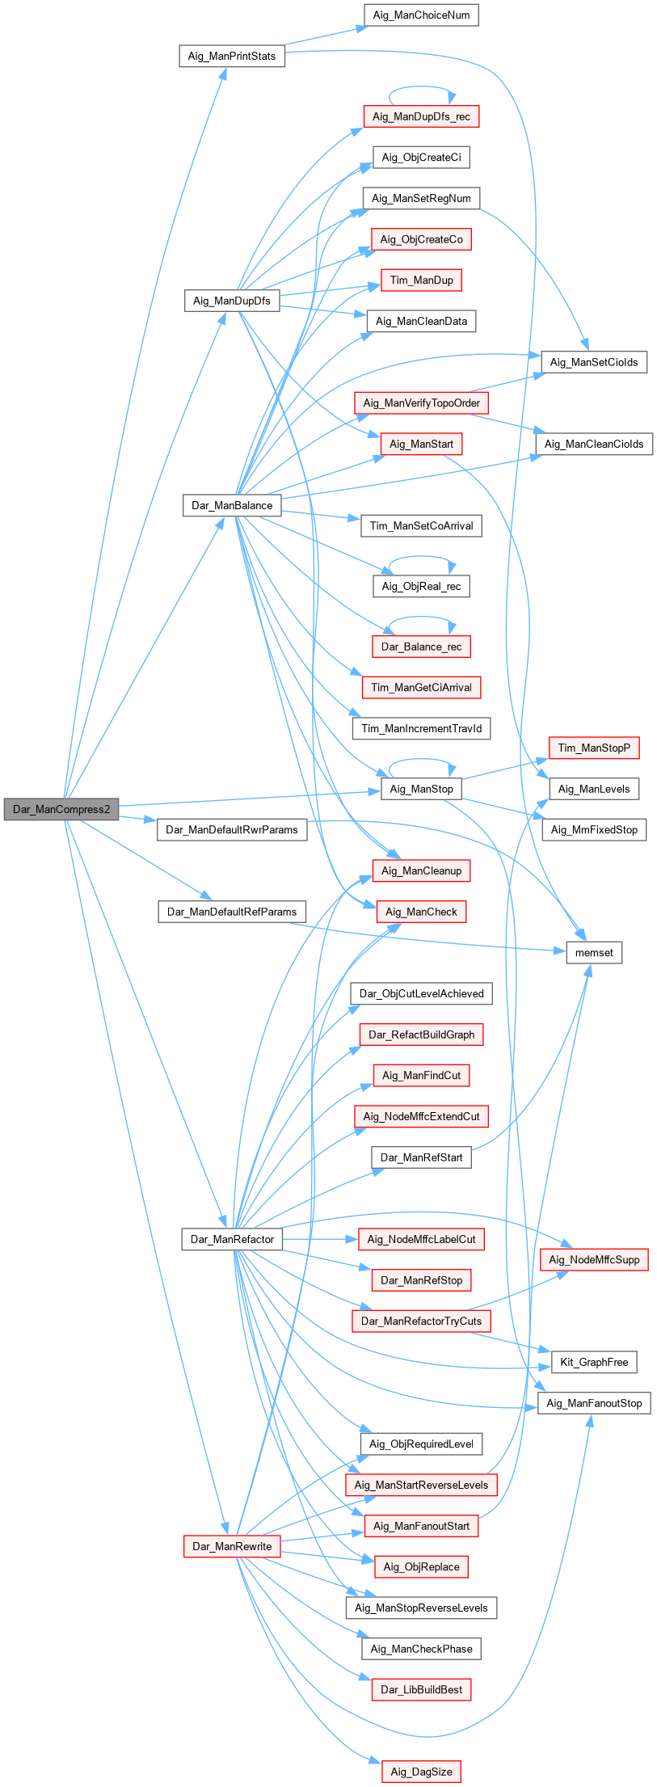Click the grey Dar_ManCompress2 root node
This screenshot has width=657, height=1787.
click(x=61, y=809)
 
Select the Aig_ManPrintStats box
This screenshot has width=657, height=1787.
click(x=231, y=56)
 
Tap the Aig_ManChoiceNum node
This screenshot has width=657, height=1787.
click(x=421, y=15)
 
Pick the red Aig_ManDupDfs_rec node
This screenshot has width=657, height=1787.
click(x=421, y=116)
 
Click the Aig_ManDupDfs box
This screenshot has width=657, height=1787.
click(x=231, y=301)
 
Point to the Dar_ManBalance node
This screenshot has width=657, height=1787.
click(x=232, y=505)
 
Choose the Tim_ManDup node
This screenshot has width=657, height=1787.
click(x=421, y=280)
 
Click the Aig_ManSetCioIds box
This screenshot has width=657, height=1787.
click(x=594, y=362)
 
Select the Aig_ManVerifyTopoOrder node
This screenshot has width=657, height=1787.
click(x=421, y=402)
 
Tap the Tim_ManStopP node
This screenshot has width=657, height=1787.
click(x=594, y=748)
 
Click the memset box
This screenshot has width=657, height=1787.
click(x=594, y=953)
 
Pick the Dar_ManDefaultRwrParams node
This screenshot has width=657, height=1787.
click(x=232, y=829)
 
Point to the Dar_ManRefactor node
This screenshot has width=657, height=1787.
click(x=232, y=1239)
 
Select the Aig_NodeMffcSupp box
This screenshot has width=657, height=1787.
click(x=594, y=1259)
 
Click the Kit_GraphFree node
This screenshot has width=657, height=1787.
click(x=594, y=1362)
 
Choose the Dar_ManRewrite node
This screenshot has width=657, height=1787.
click(x=232, y=1546)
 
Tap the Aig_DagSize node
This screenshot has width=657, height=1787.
click(x=421, y=1772)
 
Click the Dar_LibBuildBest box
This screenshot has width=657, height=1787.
click(x=421, y=1689)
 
